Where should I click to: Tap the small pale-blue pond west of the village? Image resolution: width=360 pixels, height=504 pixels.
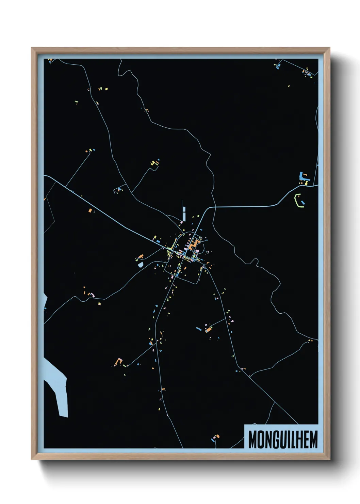pyautogui.click(x=140, y=264)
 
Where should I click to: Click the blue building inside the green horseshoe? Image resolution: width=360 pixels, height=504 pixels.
pyautogui.click(x=302, y=203)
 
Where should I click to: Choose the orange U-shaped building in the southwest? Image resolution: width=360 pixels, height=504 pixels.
pyautogui.click(x=119, y=361)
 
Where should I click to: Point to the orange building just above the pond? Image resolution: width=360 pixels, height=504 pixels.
pyautogui.click(x=141, y=256)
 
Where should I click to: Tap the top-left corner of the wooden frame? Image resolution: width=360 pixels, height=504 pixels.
pyautogui.click(x=32, y=48)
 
